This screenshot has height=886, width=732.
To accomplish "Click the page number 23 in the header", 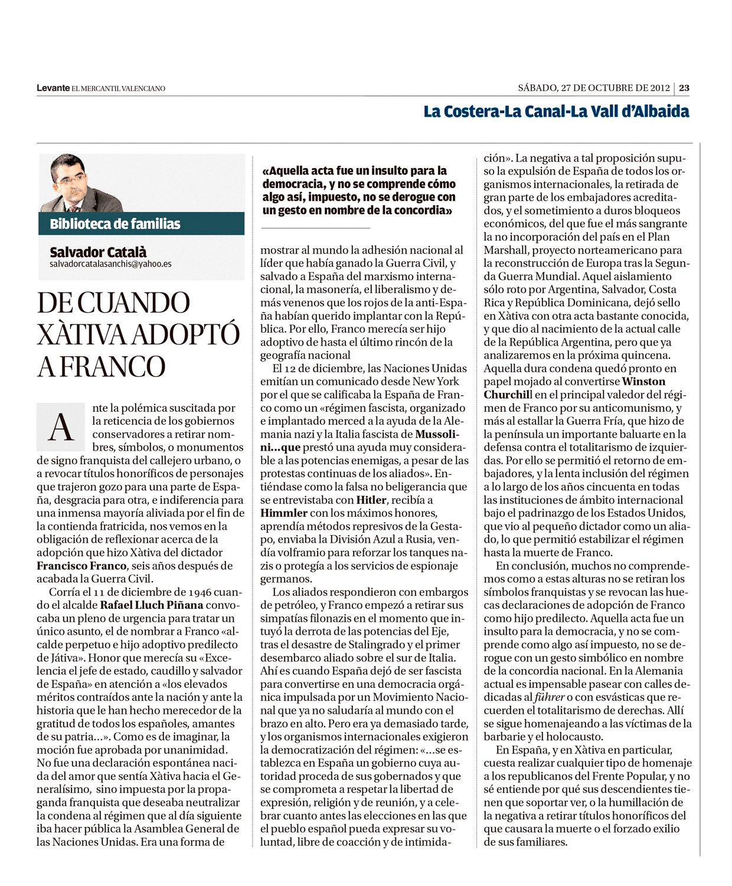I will (x=684, y=88).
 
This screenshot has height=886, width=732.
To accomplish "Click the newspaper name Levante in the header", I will (x=53, y=88).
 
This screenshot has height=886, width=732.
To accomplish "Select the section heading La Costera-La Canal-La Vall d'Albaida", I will (x=556, y=111).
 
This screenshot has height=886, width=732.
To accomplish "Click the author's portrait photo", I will (x=81, y=183).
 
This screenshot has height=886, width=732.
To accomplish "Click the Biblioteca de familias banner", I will (x=115, y=224).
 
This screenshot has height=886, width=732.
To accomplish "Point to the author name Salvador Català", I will (x=98, y=252).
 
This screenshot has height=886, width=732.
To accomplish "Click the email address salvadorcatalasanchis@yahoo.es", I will (x=110, y=264).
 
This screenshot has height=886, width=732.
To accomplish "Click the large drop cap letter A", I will (x=61, y=427).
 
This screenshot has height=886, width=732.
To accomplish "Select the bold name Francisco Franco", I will (x=81, y=566).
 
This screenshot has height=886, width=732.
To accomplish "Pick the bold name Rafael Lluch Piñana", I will (x=152, y=605).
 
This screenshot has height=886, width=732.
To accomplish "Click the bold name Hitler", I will (x=371, y=500).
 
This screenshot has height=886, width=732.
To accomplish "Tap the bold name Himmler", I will (x=284, y=513).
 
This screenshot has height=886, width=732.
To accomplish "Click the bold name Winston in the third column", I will (x=643, y=382).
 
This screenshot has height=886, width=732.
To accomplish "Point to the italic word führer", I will (x=549, y=697).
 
